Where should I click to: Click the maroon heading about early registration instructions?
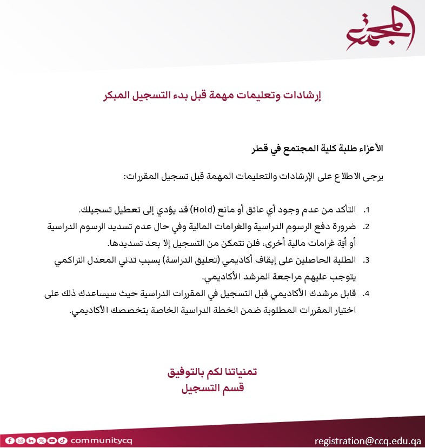pyautogui.click(x=212, y=96)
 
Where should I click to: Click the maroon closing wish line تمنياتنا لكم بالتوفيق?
pyautogui.click(x=212, y=372)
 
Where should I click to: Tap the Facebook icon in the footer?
pyautogui.click(x=10, y=440)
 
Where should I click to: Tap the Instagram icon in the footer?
pyautogui.click(x=20, y=440)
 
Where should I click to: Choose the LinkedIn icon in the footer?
pyautogui.click(x=31, y=440)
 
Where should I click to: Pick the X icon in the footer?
pyautogui.click(x=41, y=440)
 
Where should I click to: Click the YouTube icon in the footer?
pyautogui.click(x=51, y=440)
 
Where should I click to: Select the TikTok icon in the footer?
pyautogui.click(x=62, y=440)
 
